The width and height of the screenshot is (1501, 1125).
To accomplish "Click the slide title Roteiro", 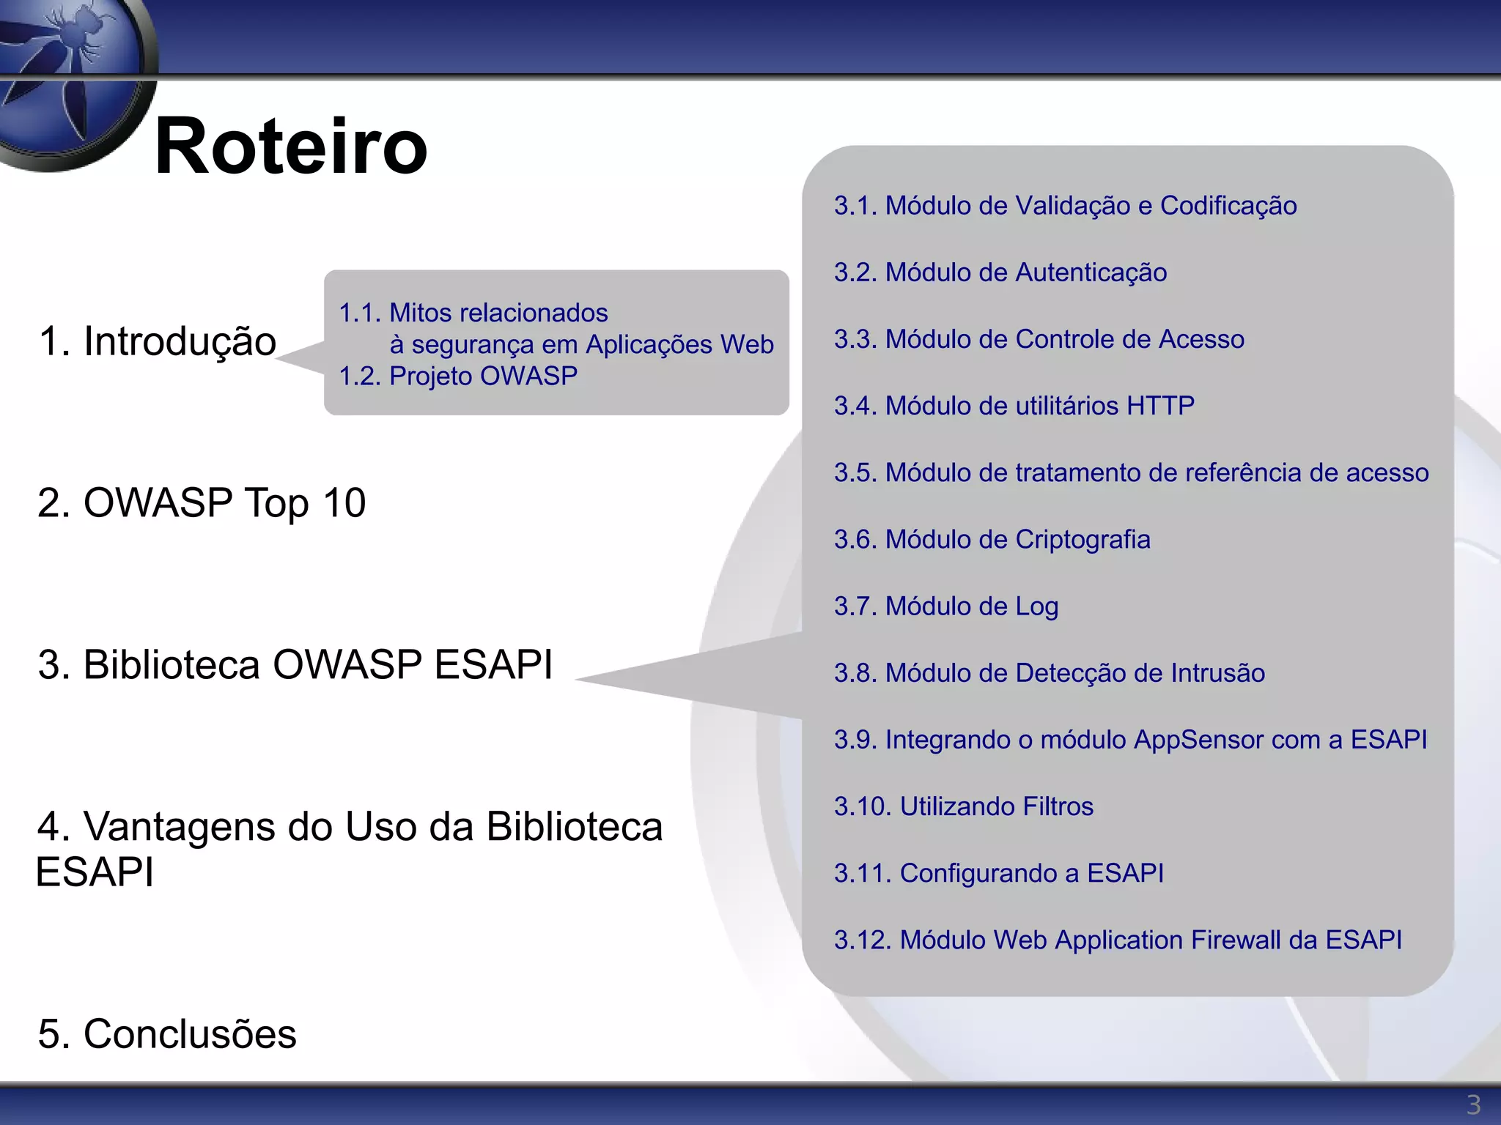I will point(291,146).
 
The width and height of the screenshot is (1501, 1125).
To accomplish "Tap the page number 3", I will point(1473,1104).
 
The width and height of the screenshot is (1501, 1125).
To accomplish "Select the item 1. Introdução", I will point(158,341).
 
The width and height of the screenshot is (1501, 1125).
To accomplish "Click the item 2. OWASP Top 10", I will point(202,503).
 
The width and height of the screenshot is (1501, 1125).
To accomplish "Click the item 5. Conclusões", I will point(167,1033).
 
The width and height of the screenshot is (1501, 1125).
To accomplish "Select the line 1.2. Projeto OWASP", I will point(458,376).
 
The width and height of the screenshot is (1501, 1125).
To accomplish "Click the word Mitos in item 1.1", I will point(421,313).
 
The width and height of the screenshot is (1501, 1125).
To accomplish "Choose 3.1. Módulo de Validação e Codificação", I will point(1065,206).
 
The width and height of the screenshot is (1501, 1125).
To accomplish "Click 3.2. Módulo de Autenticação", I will point(1000,272).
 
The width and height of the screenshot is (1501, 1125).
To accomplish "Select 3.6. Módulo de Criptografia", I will point(992,540).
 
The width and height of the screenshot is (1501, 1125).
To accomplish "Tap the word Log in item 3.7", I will point(1036,607).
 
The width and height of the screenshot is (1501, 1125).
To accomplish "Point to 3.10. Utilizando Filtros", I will point(963,806).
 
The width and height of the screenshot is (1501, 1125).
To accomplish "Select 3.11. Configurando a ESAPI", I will point(998,873).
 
